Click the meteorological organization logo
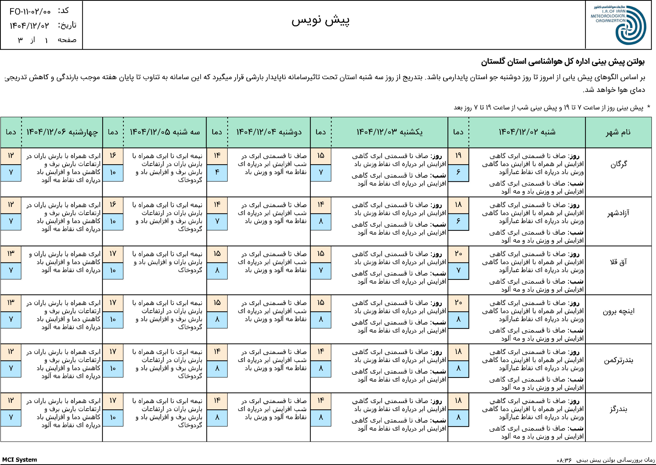coord(619,25)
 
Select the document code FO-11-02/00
coord(30,12)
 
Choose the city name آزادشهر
coord(618,213)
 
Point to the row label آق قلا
coord(618,262)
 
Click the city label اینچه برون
coord(618,311)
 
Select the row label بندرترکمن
coord(618,360)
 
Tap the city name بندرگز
coord(618,409)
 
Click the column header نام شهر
coord(618,132)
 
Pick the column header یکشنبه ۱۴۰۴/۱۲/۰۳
coord(389,132)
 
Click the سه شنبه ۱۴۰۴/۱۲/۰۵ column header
coord(165,132)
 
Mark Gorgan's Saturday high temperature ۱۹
coord(458,156)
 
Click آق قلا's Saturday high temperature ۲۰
coord(458,254)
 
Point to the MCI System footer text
coord(19,460)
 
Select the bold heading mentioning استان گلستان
coord(562,62)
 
